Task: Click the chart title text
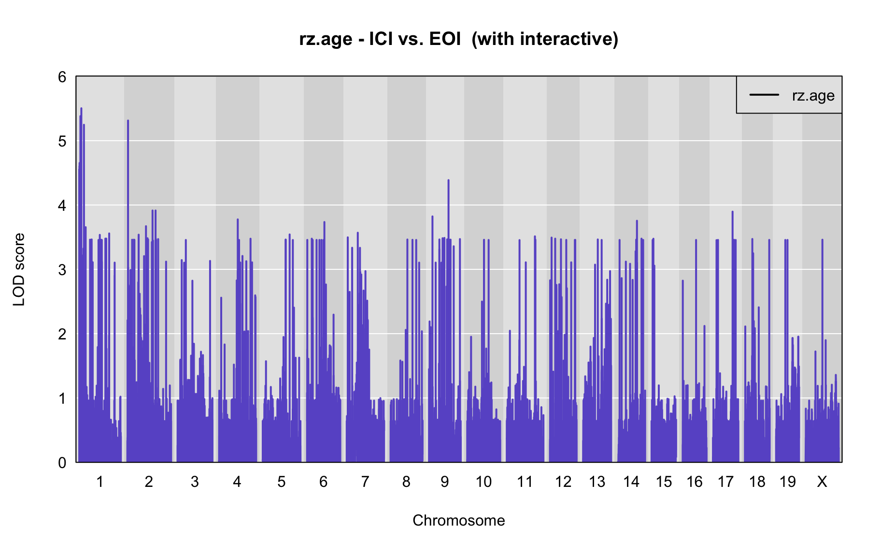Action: [458, 39]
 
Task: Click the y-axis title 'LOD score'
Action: [19, 269]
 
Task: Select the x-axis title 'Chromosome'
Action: [458, 520]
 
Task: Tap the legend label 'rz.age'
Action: [813, 95]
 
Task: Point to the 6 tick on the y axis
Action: [62, 77]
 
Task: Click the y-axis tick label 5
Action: [62, 141]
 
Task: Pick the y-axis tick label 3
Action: [62, 270]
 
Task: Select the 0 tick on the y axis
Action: [62, 463]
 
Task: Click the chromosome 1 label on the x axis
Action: [100, 482]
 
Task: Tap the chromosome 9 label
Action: [444, 482]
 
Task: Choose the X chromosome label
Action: [822, 482]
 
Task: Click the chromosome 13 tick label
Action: [597, 482]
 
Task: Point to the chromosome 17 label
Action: [725, 482]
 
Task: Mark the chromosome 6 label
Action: [323, 482]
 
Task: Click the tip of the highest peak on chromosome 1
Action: [81, 108]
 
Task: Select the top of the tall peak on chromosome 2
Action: [128, 120]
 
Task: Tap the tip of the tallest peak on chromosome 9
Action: [448, 180]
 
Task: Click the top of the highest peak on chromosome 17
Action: [732, 211]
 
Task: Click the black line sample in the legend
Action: [764, 95]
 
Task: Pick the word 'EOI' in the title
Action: [445, 39]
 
